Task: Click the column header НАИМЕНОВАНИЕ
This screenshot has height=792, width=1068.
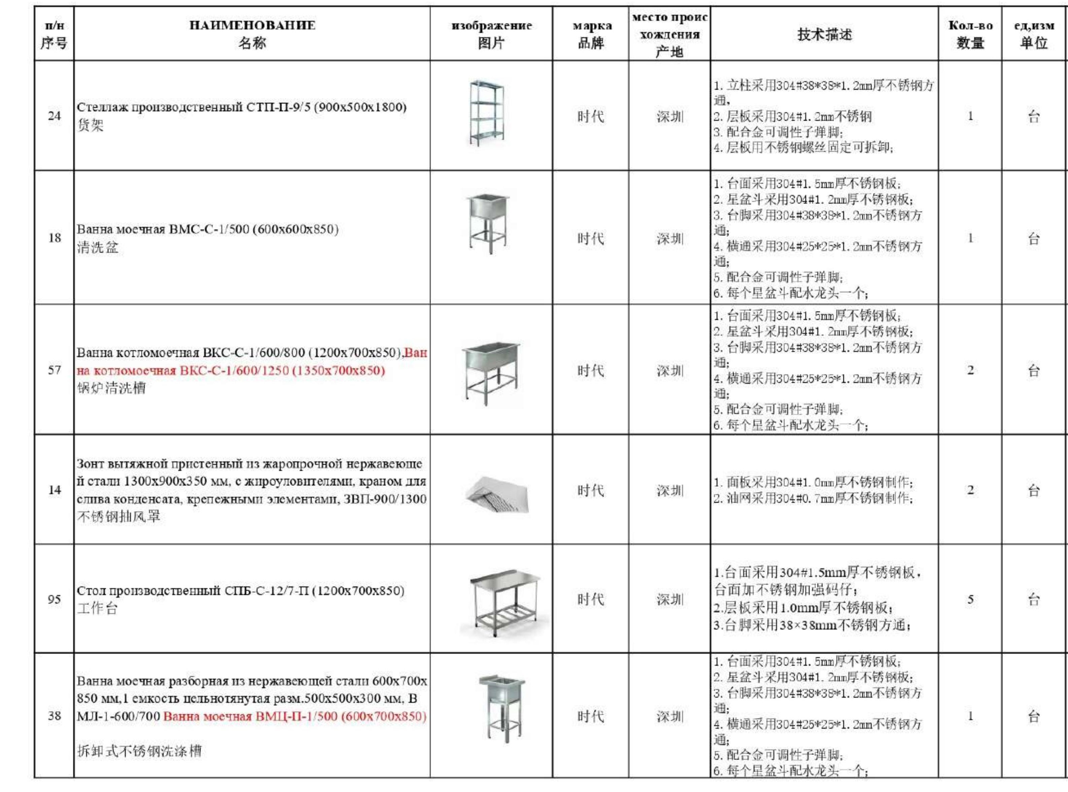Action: click(x=252, y=25)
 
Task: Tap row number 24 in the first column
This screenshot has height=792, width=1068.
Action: click(x=54, y=115)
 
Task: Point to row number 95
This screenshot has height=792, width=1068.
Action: click(x=54, y=599)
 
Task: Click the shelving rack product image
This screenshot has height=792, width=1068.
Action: click(x=487, y=114)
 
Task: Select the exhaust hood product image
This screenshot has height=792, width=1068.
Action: click(x=497, y=494)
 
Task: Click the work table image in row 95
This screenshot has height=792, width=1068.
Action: click(x=503, y=602)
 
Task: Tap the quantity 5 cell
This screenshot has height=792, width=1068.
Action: click(x=970, y=599)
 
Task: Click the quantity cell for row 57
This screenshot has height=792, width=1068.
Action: click(x=970, y=370)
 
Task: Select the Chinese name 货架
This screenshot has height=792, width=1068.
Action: click(x=90, y=126)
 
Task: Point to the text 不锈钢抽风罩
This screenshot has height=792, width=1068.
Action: click(x=118, y=516)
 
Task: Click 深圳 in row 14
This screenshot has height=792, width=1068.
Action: click(x=670, y=490)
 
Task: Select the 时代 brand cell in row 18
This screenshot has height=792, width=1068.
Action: click(x=591, y=238)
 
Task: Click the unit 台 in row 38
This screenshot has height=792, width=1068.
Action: click(x=1034, y=716)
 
